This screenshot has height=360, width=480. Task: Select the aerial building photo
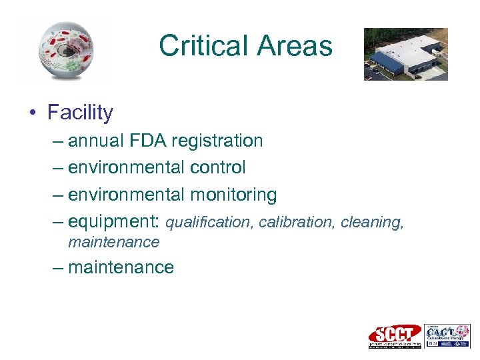[405, 54]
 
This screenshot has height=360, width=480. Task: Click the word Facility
[80, 113]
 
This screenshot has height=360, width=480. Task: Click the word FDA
[146, 141]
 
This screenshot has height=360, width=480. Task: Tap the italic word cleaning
[372, 222]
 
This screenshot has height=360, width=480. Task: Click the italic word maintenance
[114, 242]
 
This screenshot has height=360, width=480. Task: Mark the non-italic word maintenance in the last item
[121, 267]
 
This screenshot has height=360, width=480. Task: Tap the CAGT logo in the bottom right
[447, 336]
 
